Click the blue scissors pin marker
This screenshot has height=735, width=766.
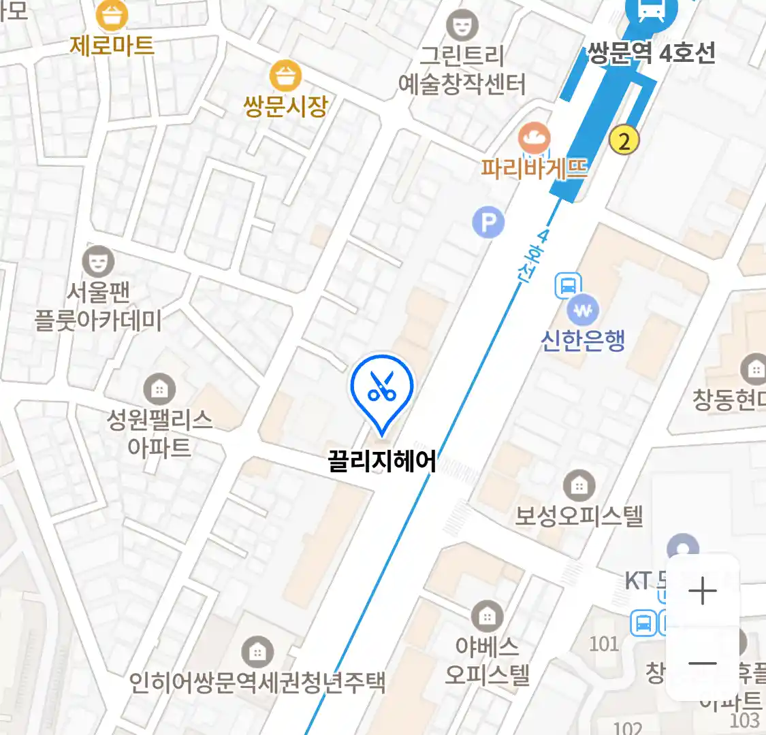[x=382, y=388]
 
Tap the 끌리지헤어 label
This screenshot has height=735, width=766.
[x=381, y=461]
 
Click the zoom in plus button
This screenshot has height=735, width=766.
[x=702, y=591]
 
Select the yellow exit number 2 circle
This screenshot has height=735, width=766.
[x=624, y=141]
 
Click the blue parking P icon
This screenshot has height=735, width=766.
[x=488, y=223]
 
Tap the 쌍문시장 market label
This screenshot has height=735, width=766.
[x=285, y=105]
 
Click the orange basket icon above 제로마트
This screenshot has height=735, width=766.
[x=112, y=15]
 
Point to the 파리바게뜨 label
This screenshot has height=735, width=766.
[x=534, y=168]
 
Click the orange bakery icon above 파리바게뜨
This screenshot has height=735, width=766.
[x=534, y=139]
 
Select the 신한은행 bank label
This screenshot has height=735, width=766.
[x=583, y=340]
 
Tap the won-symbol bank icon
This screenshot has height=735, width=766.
[x=583, y=311]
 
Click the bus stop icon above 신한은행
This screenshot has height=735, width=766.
[x=568, y=286]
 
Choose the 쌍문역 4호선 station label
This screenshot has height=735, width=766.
[x=651, y=53]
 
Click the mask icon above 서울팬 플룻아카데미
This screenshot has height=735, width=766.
[x=98, y=261]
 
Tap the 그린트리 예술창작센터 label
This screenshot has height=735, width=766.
[x=462, y=70]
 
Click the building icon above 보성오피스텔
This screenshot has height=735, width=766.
[x=579, y=486]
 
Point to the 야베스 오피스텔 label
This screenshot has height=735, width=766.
[x=488, y=660]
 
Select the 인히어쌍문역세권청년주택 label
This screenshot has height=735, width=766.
[x=257, y=682]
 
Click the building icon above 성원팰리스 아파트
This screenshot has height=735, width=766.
[x=159, y=389]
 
